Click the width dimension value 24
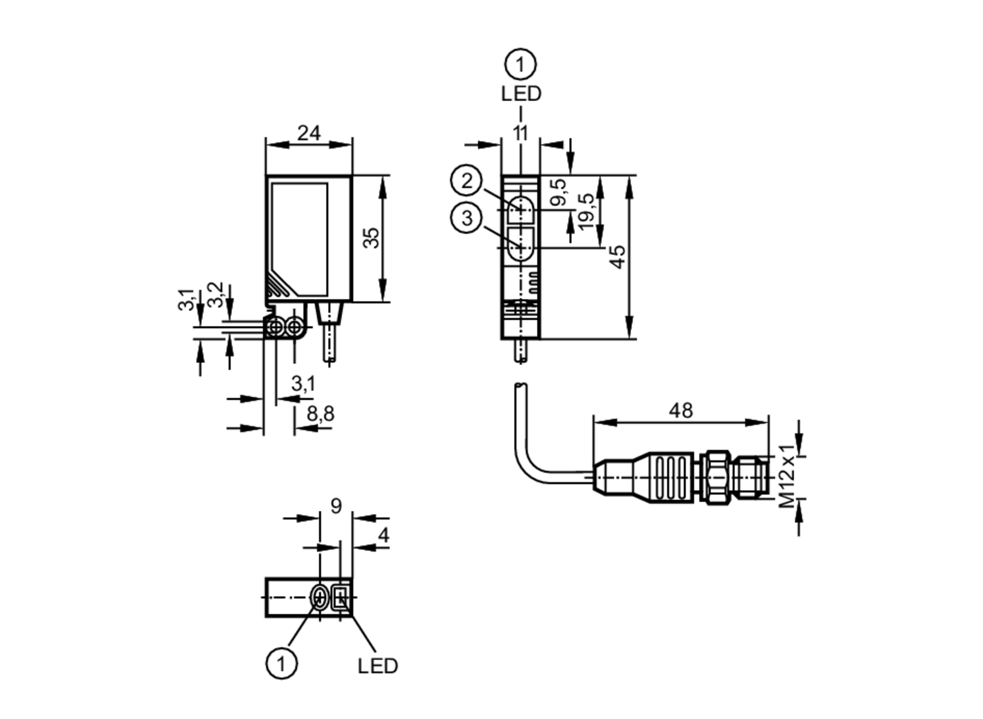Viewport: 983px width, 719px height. (x=309, y=133)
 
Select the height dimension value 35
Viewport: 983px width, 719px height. (x=372, y=238)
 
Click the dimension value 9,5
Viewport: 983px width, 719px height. (x=558, y=192)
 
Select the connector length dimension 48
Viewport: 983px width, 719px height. (x=681, y=410)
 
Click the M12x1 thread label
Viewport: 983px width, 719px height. (x=786, y=476)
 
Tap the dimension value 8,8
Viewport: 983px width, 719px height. (x=320, y=414)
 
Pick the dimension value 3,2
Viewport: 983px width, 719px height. (x=215, y=294)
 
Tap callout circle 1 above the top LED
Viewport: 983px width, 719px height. (x=520, y=64)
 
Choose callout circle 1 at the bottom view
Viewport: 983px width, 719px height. (x=281, y=664)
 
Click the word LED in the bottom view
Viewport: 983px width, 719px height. (x=377, y=666)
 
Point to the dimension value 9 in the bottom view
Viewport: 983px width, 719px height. (x=336, y=506)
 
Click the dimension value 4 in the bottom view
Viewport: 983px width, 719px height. (x=383, y=535)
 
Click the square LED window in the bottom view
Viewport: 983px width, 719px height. (x=340, y=598)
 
